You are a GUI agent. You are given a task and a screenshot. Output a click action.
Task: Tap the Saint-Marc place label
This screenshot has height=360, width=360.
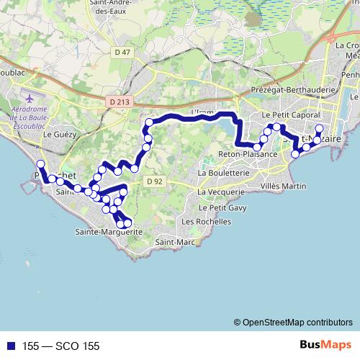[172, 242]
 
